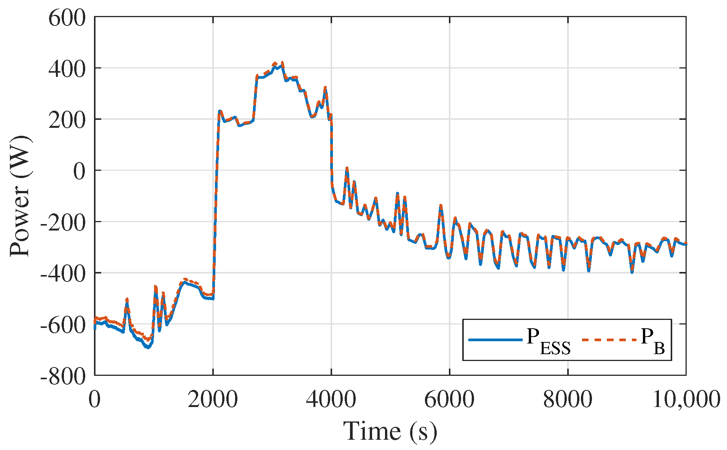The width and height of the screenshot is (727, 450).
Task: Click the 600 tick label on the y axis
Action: [67, 18]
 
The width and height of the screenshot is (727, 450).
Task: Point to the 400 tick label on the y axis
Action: [67, 69]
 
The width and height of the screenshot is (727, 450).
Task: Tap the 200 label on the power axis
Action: [67, 121]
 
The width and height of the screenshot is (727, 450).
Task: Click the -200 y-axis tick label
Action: [62, 223]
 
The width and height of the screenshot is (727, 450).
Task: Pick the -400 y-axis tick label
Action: [62, 274]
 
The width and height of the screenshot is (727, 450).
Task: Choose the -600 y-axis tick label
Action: [62, 325]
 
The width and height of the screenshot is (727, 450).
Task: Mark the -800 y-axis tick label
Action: [62, 377]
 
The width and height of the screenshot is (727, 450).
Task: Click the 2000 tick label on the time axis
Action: [213, 399]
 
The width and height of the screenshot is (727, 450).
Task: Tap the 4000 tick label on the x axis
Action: [331, 399]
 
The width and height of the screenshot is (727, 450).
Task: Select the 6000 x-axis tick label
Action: [449, 399]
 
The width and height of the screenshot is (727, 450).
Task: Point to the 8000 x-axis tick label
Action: [568, 399]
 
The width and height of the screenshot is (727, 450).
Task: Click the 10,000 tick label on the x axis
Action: [686, 399]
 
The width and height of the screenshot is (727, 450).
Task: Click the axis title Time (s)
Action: [390, 431]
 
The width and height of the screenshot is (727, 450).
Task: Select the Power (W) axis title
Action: [20, 196]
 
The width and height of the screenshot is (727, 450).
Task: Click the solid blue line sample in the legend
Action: [495, 339]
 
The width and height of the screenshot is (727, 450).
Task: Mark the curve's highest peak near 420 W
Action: [282, 62]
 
